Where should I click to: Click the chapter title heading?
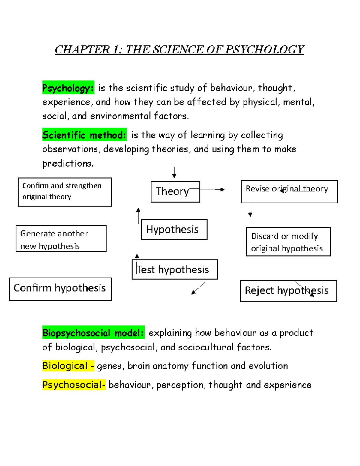click(179, 50)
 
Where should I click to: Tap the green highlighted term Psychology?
click(68, 88)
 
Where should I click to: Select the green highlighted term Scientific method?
click(84, 135)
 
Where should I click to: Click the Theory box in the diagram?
click(175, 191)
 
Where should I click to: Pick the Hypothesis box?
click(174, 230)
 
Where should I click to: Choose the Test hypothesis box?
click(175, 269)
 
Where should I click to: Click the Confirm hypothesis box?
click(60, 289)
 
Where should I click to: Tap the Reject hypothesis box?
click(288, 291)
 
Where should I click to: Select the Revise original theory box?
click(289, 191)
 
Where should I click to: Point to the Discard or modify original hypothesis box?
click(288, 242)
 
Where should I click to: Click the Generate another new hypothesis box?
click(61, 239)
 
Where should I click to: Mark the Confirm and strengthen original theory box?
click(64, 192)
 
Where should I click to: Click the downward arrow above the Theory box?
click(174, 173)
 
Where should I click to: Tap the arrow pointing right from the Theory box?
click(211, 189)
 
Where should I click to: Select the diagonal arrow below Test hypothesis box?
click(198, 288)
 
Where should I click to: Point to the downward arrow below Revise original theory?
click(250, 211)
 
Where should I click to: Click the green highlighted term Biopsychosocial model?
click(93, 333)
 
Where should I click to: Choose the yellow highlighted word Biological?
click(65, 366)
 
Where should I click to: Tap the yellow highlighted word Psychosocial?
click(73, 385)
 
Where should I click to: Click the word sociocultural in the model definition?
click(206, 347)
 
